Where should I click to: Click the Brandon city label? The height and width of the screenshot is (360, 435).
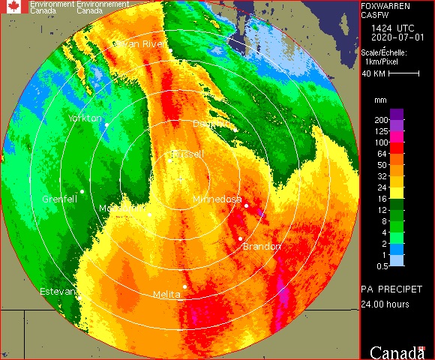coord(262,247)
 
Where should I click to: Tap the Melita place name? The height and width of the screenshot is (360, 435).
coord(166,295)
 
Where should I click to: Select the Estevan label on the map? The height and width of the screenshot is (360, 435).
coord(57,290)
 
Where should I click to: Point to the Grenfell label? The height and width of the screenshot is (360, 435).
coord(61,199)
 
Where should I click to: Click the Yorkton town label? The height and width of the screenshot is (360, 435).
coord(85,118)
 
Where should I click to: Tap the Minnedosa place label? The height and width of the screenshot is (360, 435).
coord(217,199)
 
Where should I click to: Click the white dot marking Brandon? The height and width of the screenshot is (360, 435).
coord(241,238)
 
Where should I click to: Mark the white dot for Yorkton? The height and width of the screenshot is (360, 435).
coord(107,124)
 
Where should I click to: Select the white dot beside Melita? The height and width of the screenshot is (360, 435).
coord(184,286)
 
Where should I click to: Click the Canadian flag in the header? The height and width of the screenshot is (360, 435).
coord(15,7)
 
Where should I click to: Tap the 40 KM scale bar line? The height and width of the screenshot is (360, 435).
coord(403,74)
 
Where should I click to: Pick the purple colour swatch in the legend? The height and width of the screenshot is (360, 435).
coord(397,114)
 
